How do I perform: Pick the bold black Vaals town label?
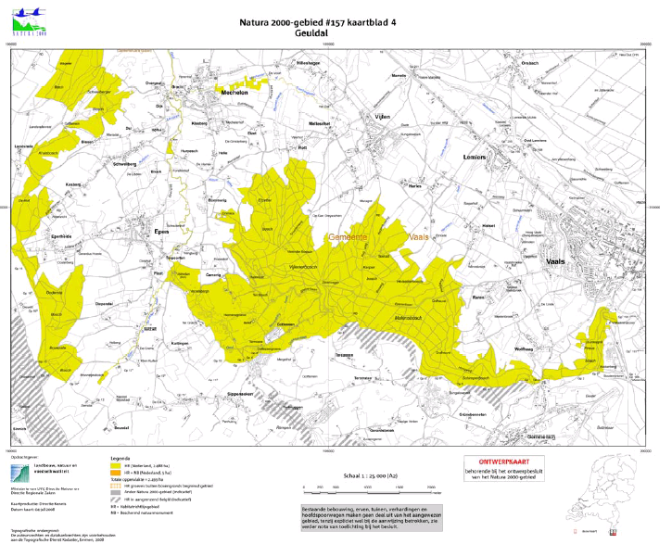click(x=556, y=262)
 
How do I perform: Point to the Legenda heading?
click(x=121, y=458)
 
